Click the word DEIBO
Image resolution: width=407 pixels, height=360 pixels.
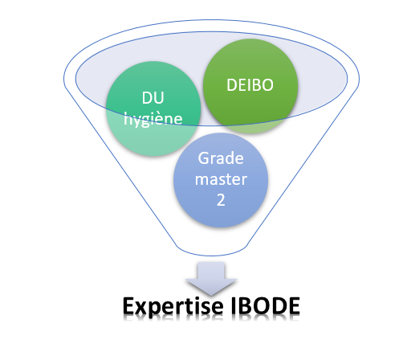click(250, 85)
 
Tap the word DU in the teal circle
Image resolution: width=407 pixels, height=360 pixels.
click(153, 97)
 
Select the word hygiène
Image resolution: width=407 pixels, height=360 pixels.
click(153, 119)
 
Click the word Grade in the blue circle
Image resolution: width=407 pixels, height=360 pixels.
click(221, 158)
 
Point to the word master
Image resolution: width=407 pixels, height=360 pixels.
click(221, 179)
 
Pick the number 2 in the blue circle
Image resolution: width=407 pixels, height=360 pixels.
click(221, 200)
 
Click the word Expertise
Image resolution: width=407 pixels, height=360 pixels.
click(173, 306)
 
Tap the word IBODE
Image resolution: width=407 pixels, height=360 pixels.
click(265, 305)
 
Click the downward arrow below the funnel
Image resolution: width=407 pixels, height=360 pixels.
click(211, 279)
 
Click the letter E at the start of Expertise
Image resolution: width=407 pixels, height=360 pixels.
click(128, 305)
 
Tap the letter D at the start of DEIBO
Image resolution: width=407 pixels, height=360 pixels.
click(231, 85)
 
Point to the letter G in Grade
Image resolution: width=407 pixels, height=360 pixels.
click(203, 158)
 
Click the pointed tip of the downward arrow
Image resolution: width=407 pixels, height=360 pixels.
click(211, 296)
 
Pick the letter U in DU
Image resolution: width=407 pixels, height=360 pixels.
click(159, 97)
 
